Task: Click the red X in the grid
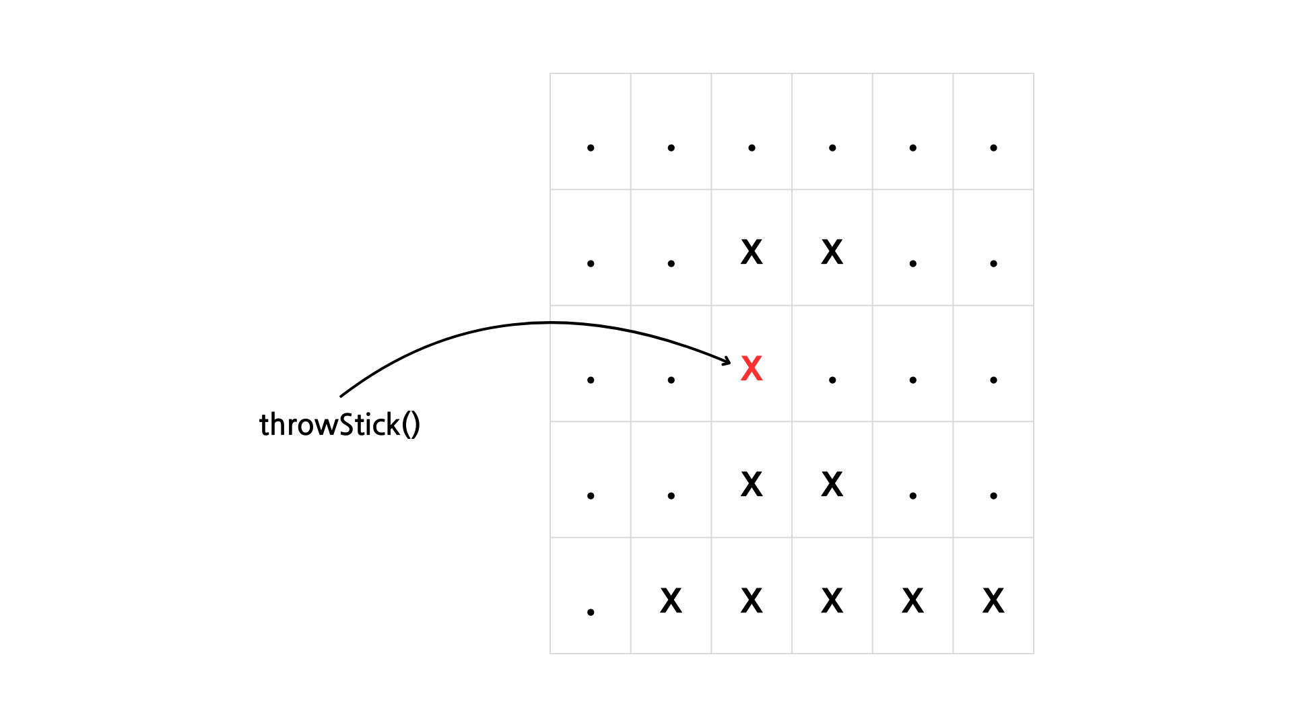[752, 368]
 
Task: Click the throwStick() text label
[340, 425]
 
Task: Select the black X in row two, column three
[752, 252]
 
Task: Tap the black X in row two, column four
[832, 252]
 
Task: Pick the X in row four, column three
[752, 485]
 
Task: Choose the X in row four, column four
[832, 485]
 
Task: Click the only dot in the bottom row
[591, 612]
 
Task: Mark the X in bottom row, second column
[671, 600]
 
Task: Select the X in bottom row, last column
[993, 600]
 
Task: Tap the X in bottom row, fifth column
[913, 600]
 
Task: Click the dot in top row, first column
[591, 148]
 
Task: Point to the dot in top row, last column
[993, 148]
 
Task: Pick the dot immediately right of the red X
[832, 380]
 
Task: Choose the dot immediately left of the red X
[671, 380]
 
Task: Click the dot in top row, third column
[752, 148]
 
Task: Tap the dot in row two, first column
[591, 264]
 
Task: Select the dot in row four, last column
[993, 496]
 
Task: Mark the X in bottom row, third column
[752, 600]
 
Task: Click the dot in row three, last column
[993, 380]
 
